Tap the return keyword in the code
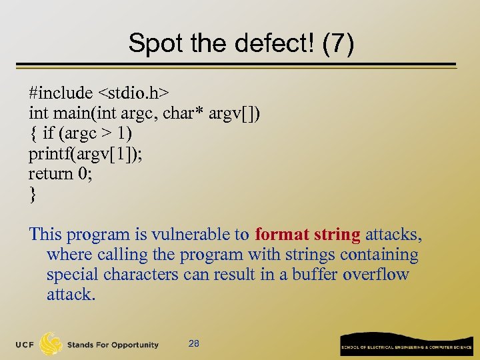coord(51,173)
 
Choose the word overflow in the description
coord(376,275)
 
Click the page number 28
coord(194,344)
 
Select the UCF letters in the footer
coord(26,345)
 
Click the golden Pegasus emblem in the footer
coord(51,343)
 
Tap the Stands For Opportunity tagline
coord(113,345)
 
